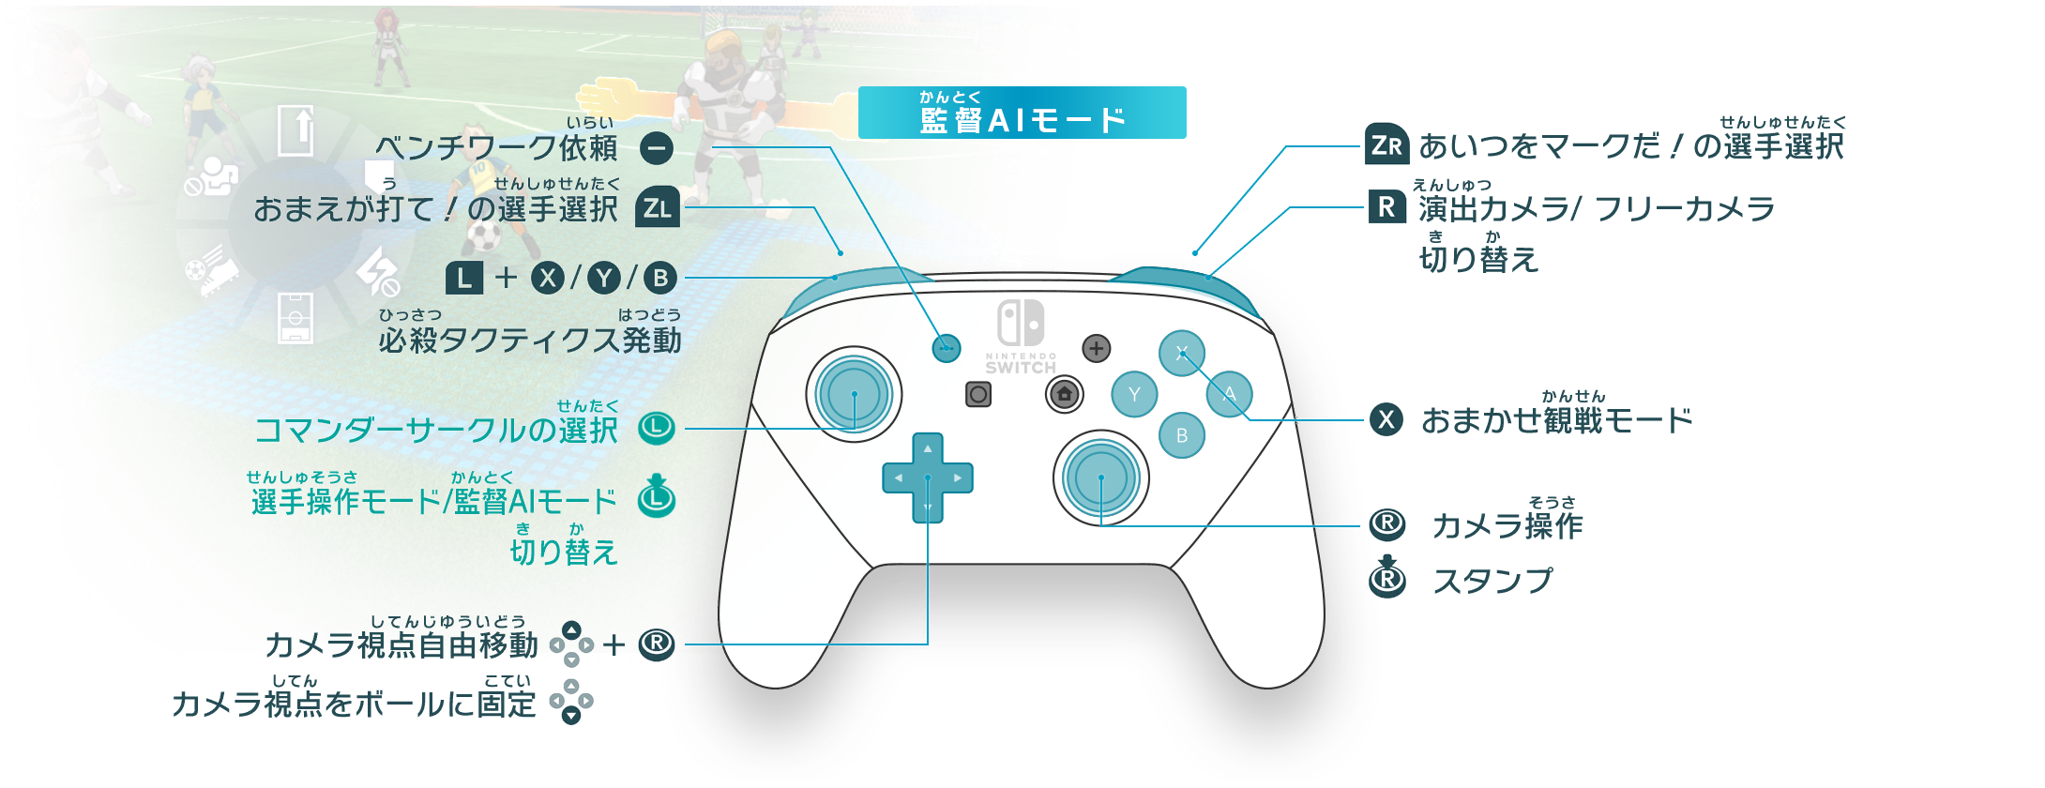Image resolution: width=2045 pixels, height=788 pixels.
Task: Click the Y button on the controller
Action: (x=1134, y=394)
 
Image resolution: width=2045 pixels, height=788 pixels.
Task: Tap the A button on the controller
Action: (x=1229, y=394)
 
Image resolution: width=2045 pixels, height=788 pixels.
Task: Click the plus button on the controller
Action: (x=1096, y=348)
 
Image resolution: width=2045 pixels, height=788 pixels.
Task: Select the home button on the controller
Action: (x=1065, y=394)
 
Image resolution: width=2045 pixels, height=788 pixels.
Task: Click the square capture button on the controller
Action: (x=978, y=394)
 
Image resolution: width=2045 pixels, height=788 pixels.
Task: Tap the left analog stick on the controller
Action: (x=854, y=395)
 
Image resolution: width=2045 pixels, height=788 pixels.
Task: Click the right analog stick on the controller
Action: (x=1101, y=478)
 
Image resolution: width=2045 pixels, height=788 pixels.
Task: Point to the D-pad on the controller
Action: (x=928, y=477)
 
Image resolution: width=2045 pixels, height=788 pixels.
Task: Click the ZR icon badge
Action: (x=1386, y=144)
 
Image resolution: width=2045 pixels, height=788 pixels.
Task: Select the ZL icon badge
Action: (x=658, y=207)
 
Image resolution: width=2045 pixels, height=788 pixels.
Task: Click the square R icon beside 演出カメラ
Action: (x=1386, y=206)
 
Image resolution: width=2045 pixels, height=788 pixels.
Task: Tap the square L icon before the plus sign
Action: (x=464, y=278)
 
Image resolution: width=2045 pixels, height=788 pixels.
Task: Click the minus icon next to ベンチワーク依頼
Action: (x=657, y=147)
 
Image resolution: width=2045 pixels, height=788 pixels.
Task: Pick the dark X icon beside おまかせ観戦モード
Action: (x=1386, y=419)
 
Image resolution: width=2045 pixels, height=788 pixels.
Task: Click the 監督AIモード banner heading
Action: (x=1022, y=113)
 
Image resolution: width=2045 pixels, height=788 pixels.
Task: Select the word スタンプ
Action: (x=1492, y=581)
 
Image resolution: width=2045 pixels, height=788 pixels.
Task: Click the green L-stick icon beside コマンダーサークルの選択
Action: (x=657, y=429)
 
